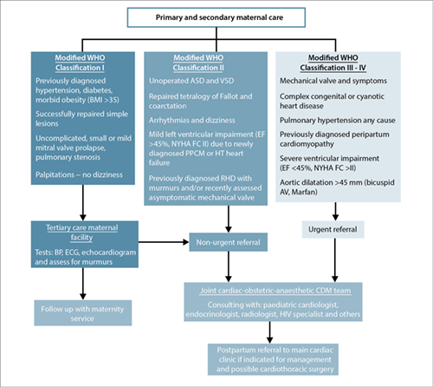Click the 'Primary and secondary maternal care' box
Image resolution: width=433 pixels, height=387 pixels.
[x=216, y=17]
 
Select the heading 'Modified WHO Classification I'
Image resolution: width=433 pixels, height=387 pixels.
[x=80, y=62]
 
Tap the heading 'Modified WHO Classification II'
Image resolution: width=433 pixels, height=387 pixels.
[x=198, y=62]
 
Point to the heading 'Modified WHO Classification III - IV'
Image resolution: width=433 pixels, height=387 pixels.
[x=333, y=62]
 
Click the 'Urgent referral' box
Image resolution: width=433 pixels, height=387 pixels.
[x=333, y=230]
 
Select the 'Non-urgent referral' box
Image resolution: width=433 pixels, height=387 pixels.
[x=228, y=242]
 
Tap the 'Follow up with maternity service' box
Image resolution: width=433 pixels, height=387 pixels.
[x=83, y=313]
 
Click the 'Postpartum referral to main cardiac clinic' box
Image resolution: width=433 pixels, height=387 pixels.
[x=273, y=359]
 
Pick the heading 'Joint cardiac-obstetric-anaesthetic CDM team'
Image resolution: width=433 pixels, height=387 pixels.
[x=275, y=291]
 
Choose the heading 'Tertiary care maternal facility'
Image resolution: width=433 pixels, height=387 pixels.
[x=82, y=233]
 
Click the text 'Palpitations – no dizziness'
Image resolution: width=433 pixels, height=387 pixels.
[x=79, y=174]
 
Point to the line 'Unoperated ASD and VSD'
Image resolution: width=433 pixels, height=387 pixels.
[x=191, y=81]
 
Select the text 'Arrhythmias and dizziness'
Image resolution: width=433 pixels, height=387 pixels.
[x=192, y=121]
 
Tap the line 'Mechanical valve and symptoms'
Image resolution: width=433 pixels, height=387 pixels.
[x=333, y=81]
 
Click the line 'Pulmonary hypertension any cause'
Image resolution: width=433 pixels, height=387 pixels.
[x=338, y=121]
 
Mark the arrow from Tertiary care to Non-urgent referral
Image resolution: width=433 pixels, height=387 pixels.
[x=164, y=242]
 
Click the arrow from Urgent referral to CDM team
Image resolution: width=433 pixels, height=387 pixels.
[x=335, y=260]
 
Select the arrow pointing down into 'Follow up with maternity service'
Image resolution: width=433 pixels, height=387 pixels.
[x=83, y=284]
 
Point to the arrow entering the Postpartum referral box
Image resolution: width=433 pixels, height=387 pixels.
[x=269, y=332]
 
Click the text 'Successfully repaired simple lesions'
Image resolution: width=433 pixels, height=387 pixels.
[x=81, y=119]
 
